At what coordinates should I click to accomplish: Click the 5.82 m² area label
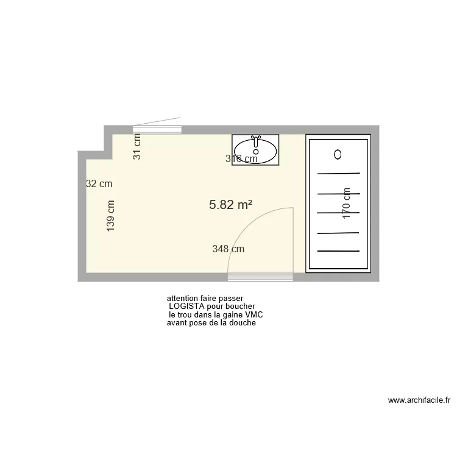pos(231,205)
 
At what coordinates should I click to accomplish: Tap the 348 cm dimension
pos(228,249)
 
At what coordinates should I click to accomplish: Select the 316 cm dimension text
pos(241,159)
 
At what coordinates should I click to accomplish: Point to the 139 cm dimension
pos(110,216)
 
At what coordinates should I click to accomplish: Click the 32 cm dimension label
pos(99,183)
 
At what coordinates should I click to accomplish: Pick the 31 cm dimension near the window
pos(137,146)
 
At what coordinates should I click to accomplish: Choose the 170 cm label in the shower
pos(346,203)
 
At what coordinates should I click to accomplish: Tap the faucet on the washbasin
pos(256,139)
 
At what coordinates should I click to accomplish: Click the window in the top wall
pos(158,129)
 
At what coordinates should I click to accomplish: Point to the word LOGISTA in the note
pos(187,306)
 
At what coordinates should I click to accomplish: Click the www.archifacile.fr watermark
pos(419,400)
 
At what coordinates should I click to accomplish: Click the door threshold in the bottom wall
pos(261,277)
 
